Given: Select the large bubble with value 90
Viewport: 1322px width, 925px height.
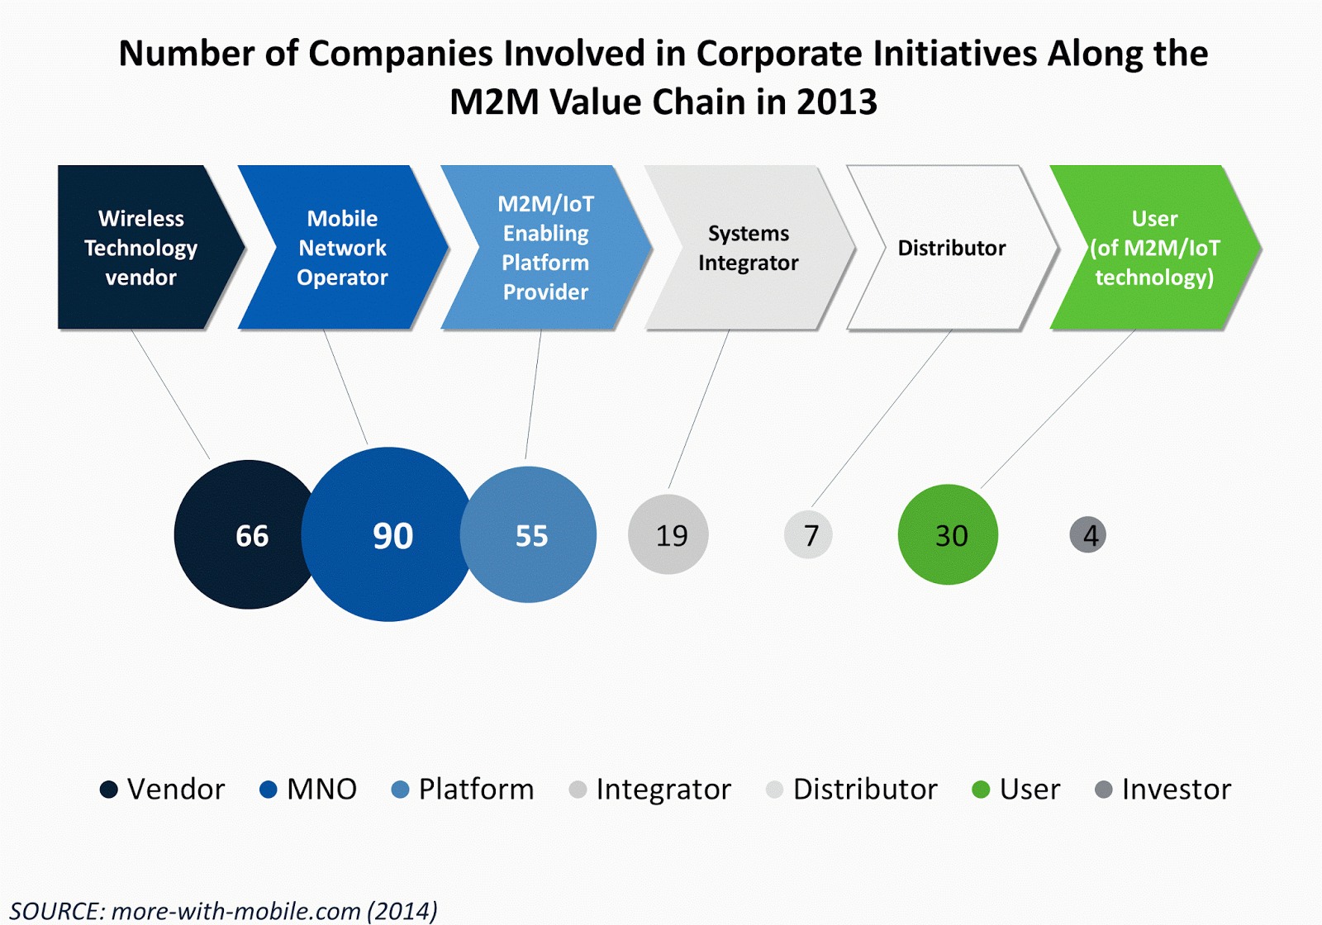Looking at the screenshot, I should coord(388,534).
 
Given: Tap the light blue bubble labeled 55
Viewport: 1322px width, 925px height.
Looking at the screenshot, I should coord(529,534).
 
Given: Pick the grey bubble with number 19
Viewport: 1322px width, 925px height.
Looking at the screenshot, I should coord(668,534).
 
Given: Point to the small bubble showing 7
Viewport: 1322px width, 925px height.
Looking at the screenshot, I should coord(808,534).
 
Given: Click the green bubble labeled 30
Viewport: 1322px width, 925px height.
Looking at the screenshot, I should coord(948,534).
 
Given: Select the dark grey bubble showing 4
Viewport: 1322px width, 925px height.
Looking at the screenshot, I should coord(1088,534).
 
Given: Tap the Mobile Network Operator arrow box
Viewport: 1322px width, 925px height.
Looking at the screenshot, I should coord(342,247).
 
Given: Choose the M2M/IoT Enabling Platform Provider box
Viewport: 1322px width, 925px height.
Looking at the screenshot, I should coord(545,247).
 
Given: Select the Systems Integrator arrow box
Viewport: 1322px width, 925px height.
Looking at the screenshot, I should coord(748,247).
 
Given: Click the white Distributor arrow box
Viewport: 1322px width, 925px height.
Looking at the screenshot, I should coord(951,247).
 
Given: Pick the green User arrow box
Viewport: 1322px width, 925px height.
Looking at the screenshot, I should coord(1154,247).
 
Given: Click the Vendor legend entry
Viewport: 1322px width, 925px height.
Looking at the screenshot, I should coord(162,789).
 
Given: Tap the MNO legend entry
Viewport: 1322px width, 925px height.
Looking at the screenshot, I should coord(308,789).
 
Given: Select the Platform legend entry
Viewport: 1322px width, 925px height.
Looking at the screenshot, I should coord(463,789).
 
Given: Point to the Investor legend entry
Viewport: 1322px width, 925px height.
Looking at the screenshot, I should coord(1163,789).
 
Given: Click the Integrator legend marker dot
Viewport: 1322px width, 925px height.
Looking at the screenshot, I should coord(578,790).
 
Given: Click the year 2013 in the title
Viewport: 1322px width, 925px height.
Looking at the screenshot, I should coord(836,102).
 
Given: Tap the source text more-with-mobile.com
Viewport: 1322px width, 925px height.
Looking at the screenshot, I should coord(235,910).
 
